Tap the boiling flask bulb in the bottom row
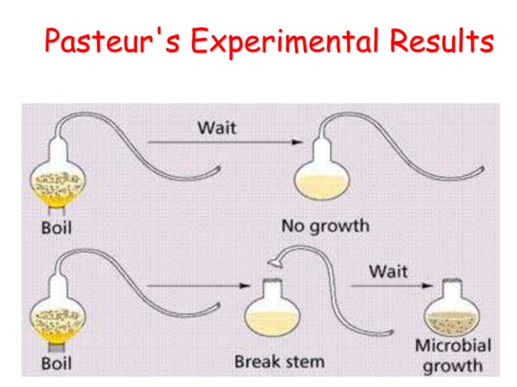pos(58,314)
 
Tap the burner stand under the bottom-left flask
pos(57,347)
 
